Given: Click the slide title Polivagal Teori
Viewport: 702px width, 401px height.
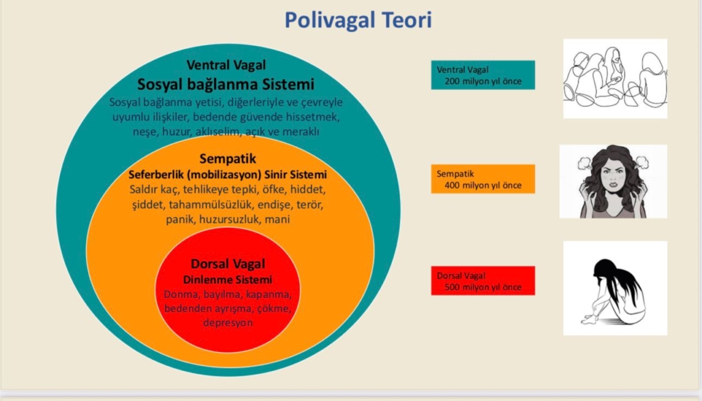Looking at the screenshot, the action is point(358,20).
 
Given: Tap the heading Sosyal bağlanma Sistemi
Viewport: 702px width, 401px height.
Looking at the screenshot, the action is point(226,85).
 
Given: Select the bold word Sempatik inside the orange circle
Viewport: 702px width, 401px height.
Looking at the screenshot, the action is point(228,159).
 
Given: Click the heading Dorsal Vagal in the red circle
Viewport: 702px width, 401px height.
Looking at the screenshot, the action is point(228,263).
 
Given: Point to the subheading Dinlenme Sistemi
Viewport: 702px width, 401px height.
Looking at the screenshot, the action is point(228,280).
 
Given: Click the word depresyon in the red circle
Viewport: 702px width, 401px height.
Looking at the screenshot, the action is point(228,323).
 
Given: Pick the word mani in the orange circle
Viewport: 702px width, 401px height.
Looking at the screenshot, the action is point(277,220).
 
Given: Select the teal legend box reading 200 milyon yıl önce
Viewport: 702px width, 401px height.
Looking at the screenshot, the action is point(483,75).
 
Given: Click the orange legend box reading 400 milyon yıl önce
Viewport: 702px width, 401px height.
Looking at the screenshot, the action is point(483,179).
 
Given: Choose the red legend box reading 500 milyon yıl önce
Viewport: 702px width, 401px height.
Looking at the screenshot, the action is point(483,280).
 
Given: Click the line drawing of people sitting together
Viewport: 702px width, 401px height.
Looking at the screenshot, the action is point(615,78).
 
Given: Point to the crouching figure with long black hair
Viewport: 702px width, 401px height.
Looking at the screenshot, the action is point(614,291).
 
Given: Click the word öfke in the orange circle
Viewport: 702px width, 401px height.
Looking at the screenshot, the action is point(274,190).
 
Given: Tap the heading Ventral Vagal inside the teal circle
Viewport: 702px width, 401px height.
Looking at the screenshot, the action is point(226,65).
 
